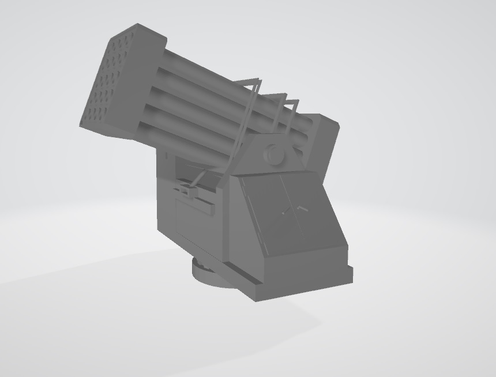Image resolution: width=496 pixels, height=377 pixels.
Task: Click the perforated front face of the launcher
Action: (x=110, y=84)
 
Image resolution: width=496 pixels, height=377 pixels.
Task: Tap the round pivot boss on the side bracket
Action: (x=272, y=154)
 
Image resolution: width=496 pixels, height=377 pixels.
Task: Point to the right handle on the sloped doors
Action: (x=303, y=206)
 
